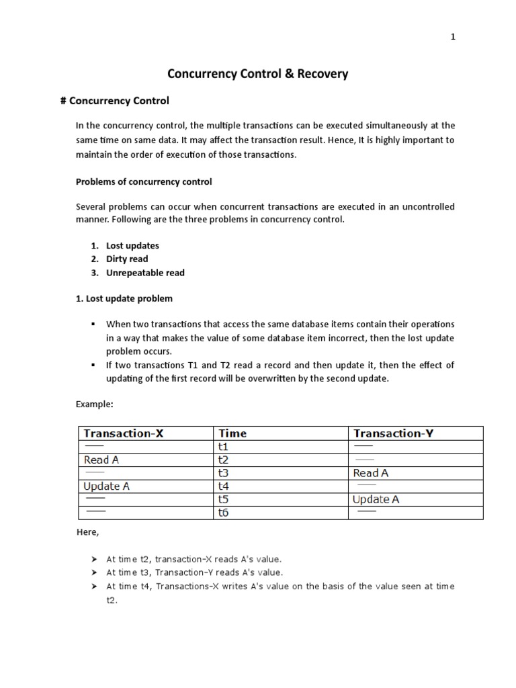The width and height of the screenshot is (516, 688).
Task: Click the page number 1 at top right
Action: [x=453, y=38]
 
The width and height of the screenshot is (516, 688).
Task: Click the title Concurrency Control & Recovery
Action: [x=257, y=74]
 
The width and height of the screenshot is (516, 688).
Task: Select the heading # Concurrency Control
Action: [x=114, y=101]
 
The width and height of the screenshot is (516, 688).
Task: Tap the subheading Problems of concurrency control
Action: [x=144, y=181]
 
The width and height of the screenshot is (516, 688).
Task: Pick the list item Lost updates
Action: [x=132, y=245]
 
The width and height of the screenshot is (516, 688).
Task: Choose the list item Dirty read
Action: [x=127, y=259]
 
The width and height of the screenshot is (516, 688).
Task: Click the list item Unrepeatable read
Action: [x=145, y=273]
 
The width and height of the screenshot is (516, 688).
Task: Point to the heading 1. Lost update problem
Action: [x=124, y=298]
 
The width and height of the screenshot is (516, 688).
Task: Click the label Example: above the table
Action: [x=94, y=404]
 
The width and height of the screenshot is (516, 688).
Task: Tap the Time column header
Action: [x=232, y=433]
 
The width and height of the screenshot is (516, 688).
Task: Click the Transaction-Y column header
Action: [x=393, y=433]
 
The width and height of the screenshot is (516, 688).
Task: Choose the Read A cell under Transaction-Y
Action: [x=371, y=473]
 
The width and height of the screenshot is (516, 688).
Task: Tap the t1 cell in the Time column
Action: [x=223, y=447]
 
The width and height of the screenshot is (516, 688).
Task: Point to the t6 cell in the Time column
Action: [x=224, y=513]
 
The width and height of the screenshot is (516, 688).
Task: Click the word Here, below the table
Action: [x=87, y=533]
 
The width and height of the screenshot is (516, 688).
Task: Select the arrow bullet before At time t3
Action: [x=94, y=572]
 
